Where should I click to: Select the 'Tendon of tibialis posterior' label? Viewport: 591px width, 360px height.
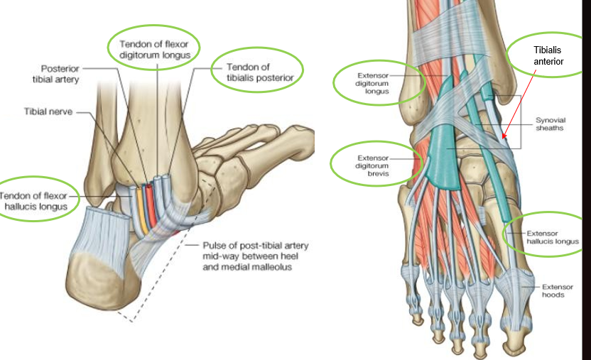coord(259,72)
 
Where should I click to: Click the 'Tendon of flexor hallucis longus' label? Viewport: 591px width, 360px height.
coord(36,199)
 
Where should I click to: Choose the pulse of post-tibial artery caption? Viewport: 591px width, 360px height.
coord(255,255)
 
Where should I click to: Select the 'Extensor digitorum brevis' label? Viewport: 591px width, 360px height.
coord(374,160)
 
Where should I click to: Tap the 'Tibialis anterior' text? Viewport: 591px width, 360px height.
coord(548,56)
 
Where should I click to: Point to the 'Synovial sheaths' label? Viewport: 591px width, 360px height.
coord(551,125)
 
